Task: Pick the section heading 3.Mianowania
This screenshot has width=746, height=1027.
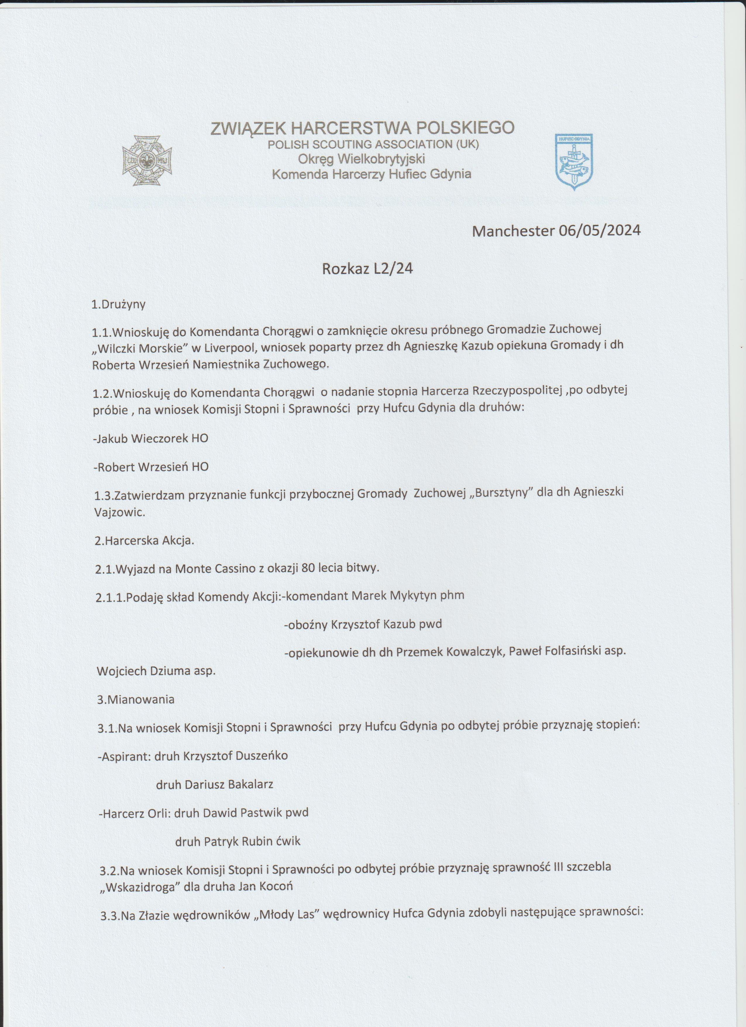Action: pos(136,699)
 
